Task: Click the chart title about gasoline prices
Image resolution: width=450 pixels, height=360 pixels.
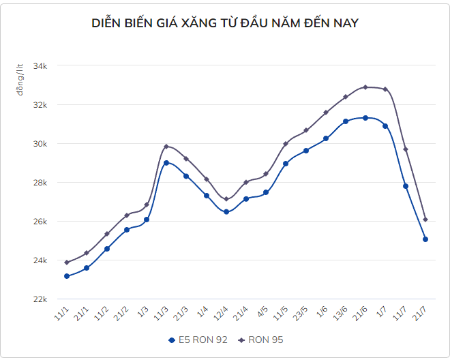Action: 225,24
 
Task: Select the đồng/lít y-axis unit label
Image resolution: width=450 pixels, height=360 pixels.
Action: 20,78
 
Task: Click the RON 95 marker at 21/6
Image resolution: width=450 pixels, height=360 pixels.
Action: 365,87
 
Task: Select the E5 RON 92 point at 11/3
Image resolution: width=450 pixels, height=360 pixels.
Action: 166,163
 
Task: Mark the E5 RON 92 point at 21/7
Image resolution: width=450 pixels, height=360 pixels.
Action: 425,239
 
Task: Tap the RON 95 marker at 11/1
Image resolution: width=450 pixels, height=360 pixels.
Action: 67,262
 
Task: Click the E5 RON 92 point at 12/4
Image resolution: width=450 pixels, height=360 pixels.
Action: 226,212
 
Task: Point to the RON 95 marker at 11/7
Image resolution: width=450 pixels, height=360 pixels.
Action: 406,149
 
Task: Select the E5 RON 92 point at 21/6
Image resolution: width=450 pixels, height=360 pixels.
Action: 365,118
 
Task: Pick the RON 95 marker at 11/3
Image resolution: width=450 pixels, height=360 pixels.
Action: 166,147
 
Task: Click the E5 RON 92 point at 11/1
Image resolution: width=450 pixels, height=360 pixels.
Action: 67,276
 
